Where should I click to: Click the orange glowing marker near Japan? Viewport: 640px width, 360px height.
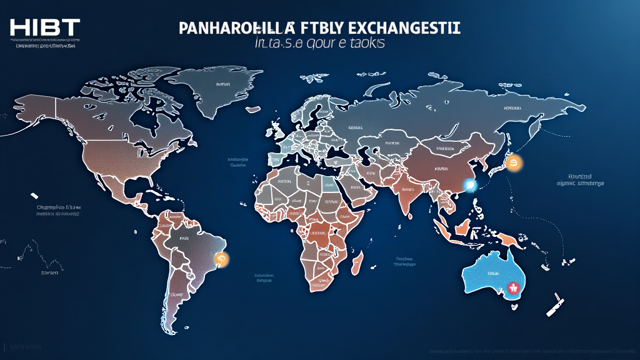pyautogui.click(x=514, y=164)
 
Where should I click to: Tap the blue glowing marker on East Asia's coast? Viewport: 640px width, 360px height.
pyautogui.click(x=471, y=184)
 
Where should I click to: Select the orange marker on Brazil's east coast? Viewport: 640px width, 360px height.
pyautogui.click(x=220, y=257)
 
